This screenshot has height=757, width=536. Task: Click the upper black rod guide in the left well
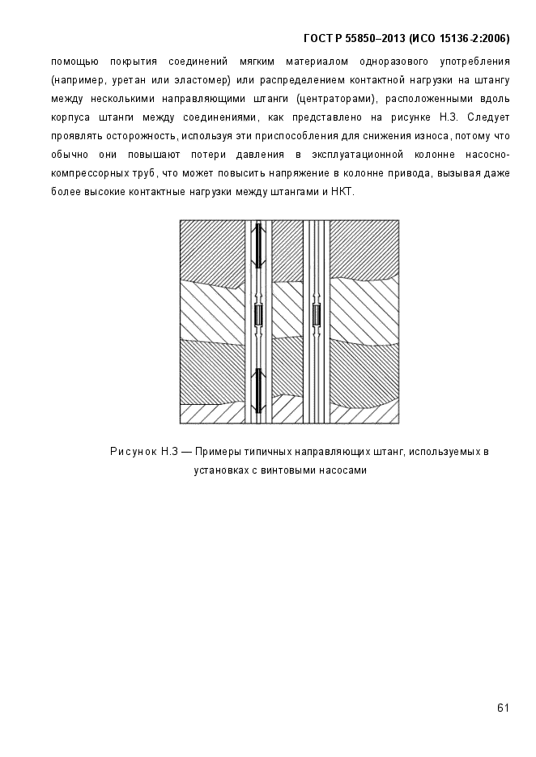click(x=257, y=247)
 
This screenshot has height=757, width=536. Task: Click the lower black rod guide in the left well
click(x=257, y=390)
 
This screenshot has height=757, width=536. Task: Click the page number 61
click(x=503, y=708)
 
